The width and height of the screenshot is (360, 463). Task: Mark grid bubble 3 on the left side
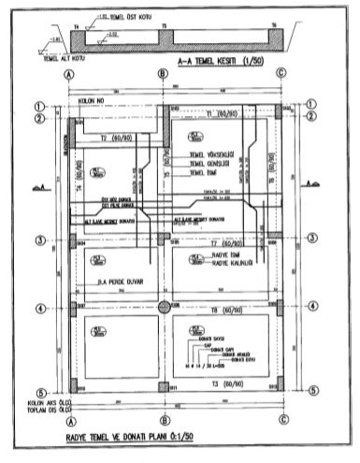[x=39, y=240]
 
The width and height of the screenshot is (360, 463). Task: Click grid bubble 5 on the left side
[x=39, y=392]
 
